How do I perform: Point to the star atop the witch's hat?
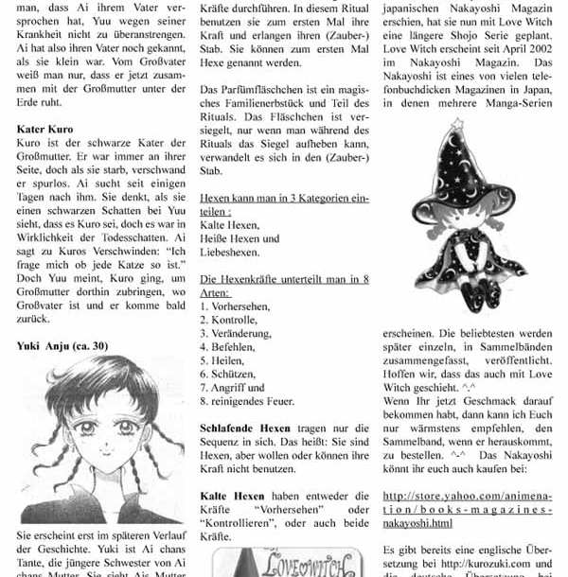(x=458, y=125)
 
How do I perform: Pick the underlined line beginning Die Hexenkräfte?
(x=284, y=280)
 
